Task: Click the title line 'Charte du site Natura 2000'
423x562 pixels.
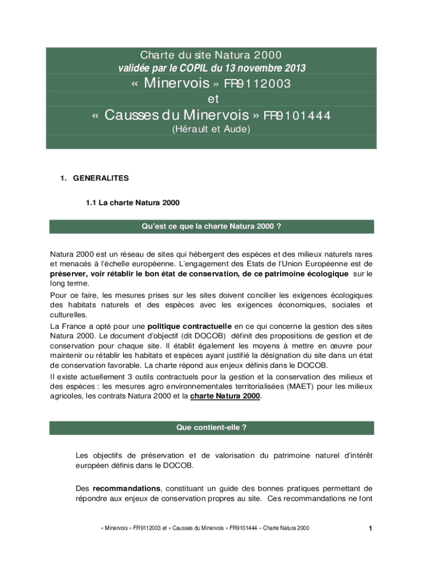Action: click(x=211, y=55)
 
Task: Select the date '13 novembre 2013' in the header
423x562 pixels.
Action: click(x=269, y=69)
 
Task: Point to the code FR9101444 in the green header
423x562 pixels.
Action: click(x=297, y=116)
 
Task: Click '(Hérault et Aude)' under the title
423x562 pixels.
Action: click(x=211, y=130)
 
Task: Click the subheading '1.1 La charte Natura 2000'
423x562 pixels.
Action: click(x=132, y=203)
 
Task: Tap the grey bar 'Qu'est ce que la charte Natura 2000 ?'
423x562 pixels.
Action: click(x=211, y=227)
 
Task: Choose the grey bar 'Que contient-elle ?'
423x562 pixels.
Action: click(x=211, y=428)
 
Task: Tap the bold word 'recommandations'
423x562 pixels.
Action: click(x=126, y=488)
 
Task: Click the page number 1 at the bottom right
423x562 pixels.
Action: click(x=371, y=529)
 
